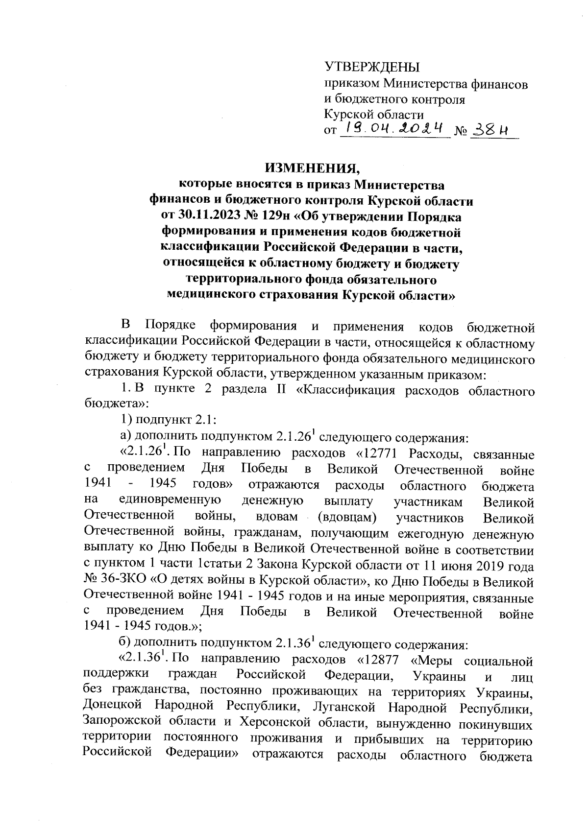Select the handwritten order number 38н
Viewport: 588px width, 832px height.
click(x=490, y=129)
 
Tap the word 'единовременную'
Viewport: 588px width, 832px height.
click(x=170, y=501)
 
